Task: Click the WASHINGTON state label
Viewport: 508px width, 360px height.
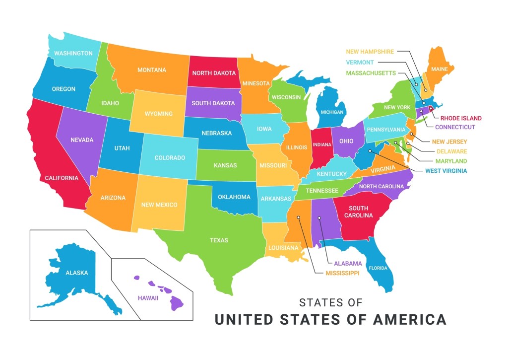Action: click(x=73, y=53)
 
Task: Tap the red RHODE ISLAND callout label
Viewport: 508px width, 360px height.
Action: click(x=461, y=118)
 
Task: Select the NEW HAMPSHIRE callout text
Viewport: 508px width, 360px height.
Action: click(x=370, y=51)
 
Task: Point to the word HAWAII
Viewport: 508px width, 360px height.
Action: click(x=148, y=298)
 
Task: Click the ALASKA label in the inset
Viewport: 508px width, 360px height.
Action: click(x=77, y=273)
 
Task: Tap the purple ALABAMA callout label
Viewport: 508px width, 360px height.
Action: click(x=348, y=263)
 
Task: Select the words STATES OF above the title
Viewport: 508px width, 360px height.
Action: click(x=331, y=302)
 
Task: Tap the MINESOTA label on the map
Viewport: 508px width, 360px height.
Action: click(x=256, y=83)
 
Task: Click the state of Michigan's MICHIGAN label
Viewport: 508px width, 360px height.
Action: click(x=332, y=112)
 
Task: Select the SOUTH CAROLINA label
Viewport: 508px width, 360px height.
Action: click(x=361, y=212)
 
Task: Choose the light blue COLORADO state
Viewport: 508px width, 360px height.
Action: click(x=170, y=158)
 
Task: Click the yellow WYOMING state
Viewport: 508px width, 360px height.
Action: click(x=159, y=114)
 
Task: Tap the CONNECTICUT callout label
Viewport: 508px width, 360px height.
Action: click(x=455, y=127)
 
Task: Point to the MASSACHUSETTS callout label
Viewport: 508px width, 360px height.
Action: click(x=371, y=73)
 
